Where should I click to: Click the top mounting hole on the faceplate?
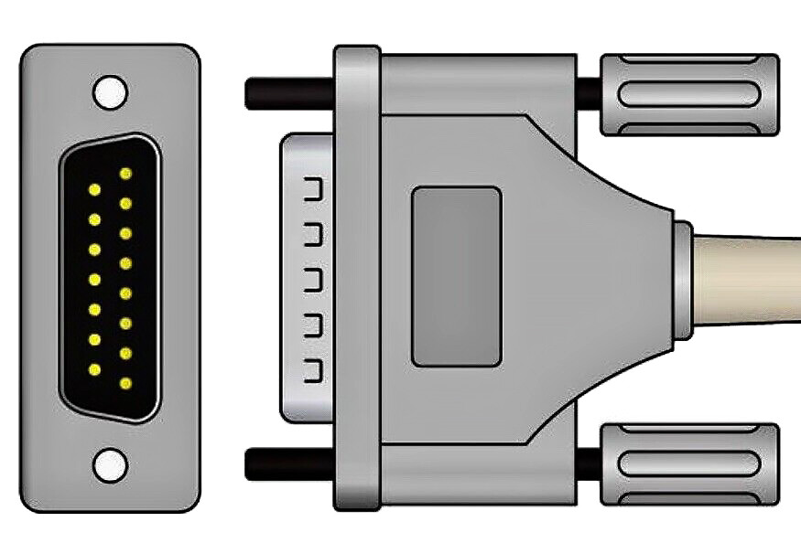pyautogui.click(x=110, y=91)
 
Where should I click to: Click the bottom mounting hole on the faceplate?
pyautogui.click(x=110, y=464)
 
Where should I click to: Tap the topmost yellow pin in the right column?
pyautogui.click(x=125, y=173)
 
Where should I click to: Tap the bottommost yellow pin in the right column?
pyautogui.click(x=125, y=383)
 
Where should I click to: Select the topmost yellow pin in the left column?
pyautogui.click(x=94, y=189)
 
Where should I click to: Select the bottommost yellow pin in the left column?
pyautogui.click(x=94, y=369)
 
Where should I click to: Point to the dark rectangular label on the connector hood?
pyautogui.click(x=456, y=277)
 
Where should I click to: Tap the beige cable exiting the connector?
pyautogui.click(x=751, y=278)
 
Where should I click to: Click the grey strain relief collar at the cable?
pyautogui.click(x=682, y=278)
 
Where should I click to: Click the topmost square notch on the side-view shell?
pyautogui.click(x=313, y=189)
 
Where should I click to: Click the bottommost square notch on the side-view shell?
pyautogui.click(x=313, y=372)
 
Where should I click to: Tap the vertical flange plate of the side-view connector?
pyautogui.click(x=357, y=278)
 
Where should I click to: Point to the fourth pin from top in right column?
pyautogui.click(x=125, y=263)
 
